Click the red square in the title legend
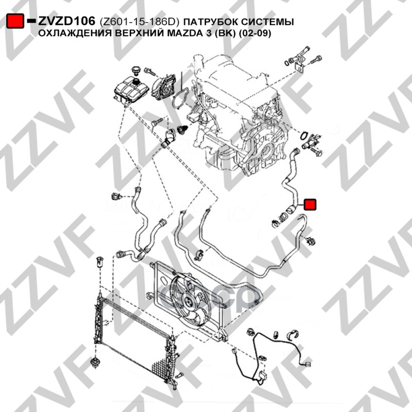15,21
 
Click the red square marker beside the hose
311,204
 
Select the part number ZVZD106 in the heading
66,21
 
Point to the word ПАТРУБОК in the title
211,22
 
